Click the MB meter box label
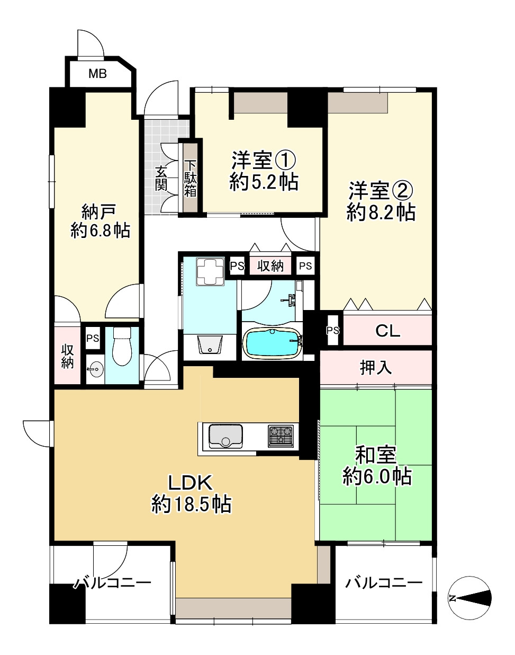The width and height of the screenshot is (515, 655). pyautogui.click(x=97, y=74)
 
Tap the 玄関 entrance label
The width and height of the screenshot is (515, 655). pyautogui.click(x=161, y=178)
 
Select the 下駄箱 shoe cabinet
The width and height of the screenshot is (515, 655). pyautogui.click(x=190, y=178)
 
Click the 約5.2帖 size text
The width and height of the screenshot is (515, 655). pyautogui.click(x=264, y=182)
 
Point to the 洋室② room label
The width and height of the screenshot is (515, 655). pyautogui.click(x=380, y=190)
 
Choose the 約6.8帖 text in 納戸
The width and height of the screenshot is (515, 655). pyautogui.click(x=100, y=231)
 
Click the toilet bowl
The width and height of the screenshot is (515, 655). pyautogui.click(x=122, y=348)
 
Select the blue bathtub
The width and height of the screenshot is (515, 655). pyautogui.click(x=271, y=343)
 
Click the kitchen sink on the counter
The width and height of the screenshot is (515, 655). pyautogui.click(x=225, y=436)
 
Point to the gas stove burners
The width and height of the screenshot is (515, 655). pyautogui.click(x=281, y=436)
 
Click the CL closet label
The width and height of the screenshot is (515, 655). pyautogui.click(x=387, y=331)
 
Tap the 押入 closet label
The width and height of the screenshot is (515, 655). pyautogui.click(x=375, y=367)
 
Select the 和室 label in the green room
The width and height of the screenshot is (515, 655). pyautogui.click(x=375, y=455)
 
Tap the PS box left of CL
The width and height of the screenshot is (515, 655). pyautogui.click(x=332, y=331)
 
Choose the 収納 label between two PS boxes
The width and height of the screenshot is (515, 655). pyautogui.click(x=270, y=266)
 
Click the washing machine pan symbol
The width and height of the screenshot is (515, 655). pyautogui.click(x=210, y=272)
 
